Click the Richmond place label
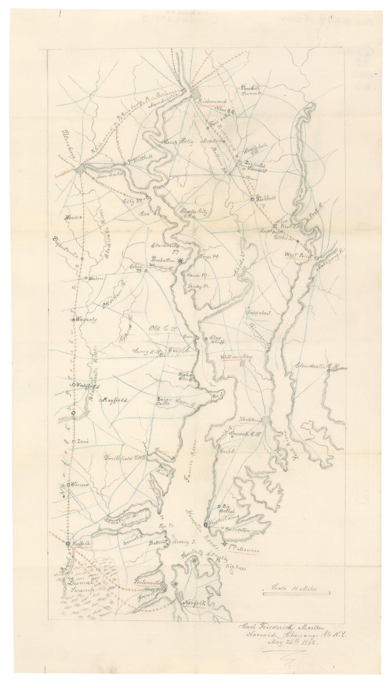click(213, 102)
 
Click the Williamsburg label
click(236, 358)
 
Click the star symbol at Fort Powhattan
click(180, 261)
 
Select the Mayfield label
click(115, 400)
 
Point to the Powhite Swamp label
click(251, 90)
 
